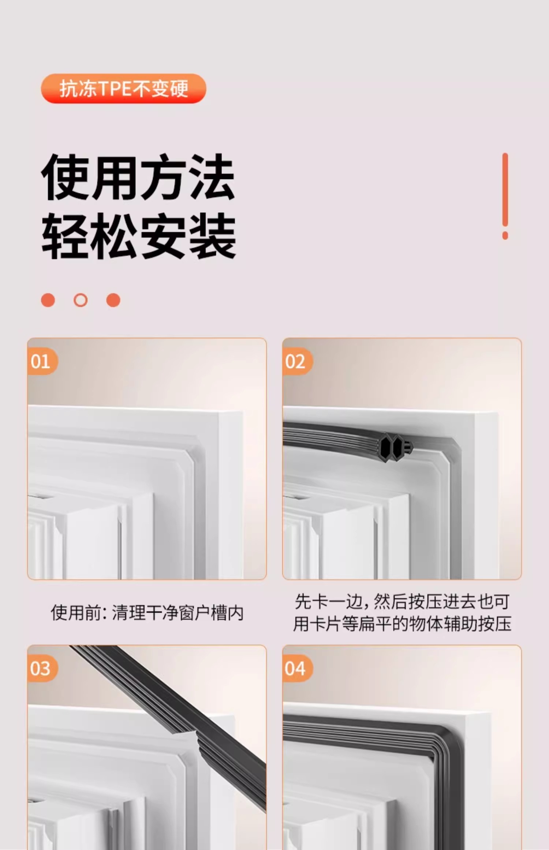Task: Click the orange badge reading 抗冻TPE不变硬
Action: click(123, 89)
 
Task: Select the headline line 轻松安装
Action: click(139, 236)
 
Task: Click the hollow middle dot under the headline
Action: click(81, 300)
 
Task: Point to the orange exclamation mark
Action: click(505, 196)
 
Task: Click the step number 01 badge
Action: click(42, 362)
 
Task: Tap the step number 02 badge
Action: click(296, 362)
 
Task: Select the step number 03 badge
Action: click(42, 668)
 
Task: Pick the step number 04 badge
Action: click(296, 668)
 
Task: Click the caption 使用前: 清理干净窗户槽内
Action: click(147, 613)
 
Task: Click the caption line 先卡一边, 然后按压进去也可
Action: click(402, 601)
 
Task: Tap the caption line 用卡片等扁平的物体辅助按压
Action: click(402, 623)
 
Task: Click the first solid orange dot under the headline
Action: click(48, 300)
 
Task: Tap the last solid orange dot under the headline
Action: click(113, 300)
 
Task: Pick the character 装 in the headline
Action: click(214, 236)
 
